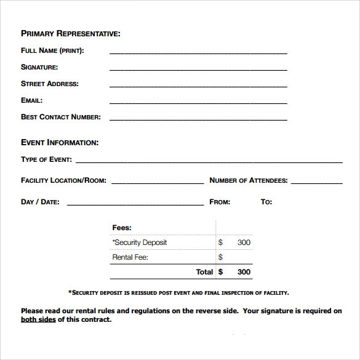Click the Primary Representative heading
point(71,33)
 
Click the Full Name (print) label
point(52,50)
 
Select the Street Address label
point(50,84)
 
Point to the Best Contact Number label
point(61,116)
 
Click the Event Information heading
point(60,143)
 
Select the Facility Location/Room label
point(63,180)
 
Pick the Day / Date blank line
point(135,204)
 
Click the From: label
point(220,202)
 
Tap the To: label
point(266,202)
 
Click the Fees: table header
point(122,228)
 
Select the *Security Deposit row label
point(140,242)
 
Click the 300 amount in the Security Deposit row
point(244,242)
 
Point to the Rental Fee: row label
point(130,257)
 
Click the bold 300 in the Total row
point(244,271)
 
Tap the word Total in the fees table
point(204,271)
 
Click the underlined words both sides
point(38,320)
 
